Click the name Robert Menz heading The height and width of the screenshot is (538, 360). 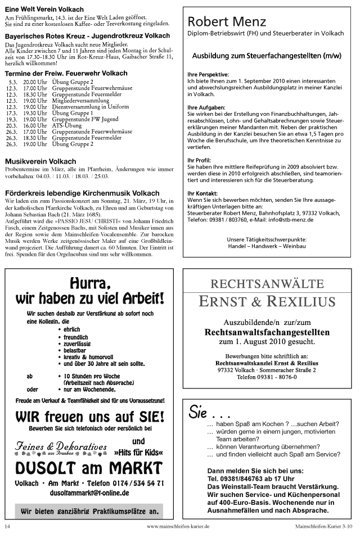(x=227, y=22)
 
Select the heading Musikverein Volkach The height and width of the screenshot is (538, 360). (x=40, y=161)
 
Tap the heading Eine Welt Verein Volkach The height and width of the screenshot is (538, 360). (x=44, y=10)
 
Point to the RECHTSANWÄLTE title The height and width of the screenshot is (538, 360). (x=267, y=283)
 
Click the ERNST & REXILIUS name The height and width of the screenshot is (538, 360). (x=267, y=302)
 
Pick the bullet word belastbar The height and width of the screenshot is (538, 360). (x=76, y=349)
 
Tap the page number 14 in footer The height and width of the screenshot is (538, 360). (x=7, y=527)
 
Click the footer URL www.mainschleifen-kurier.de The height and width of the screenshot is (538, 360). (x=178, y=527)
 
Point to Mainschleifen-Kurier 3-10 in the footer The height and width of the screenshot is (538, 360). (x=323, y=527)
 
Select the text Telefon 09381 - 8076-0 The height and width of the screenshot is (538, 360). (x=267, y=377)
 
